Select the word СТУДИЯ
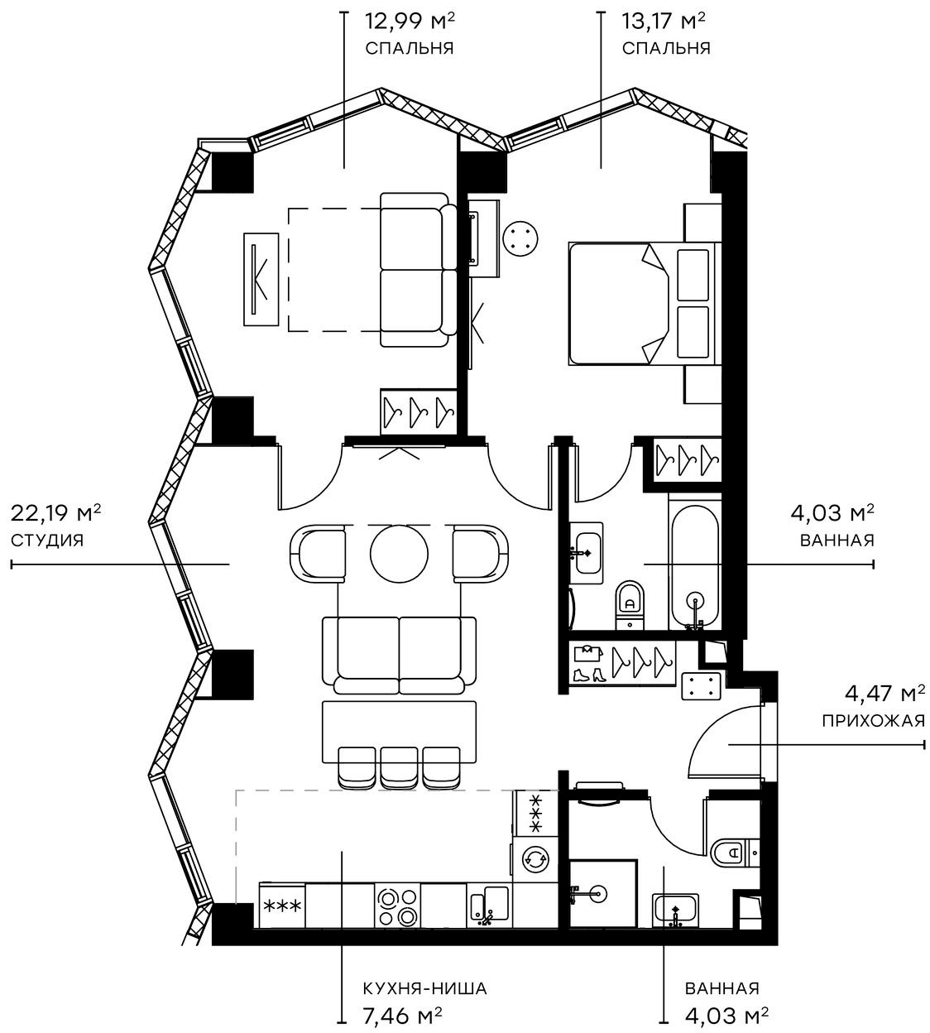(x=47, y=541)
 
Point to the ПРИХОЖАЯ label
(x=873, y=720)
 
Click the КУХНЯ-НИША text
(x=424, y=988)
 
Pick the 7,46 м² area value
(x=402, y=1015)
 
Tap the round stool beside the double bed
(x=521, y=240)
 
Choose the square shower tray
(x=603, y=894)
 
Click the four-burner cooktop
(x=397, y=906)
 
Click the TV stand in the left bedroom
(x=261, y=279)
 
